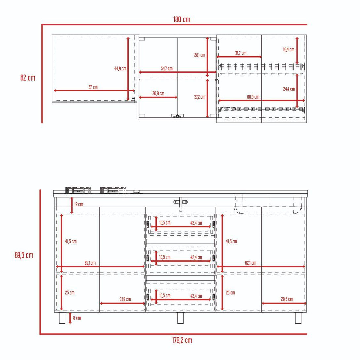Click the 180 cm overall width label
[182, 19]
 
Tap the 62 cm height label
[28, 78]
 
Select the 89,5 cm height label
[24, 255]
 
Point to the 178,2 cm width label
[182, 340]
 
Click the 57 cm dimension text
[93, 87]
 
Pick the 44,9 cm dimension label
[120, 68]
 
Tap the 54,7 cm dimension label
[167, 68]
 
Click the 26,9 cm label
[158, 93]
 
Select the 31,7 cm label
[241, 53]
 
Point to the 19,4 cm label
[289, 49]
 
